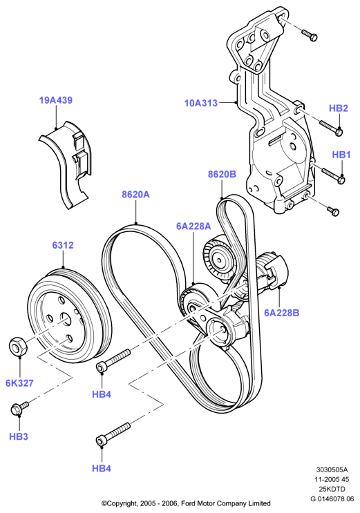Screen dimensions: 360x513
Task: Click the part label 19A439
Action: click(x=56, y=100)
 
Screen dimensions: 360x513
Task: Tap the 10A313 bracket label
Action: click(x=201, y=103)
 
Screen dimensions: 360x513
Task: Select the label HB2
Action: click(x=339, y=108)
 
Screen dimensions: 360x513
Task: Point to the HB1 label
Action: click(x=341, y=155)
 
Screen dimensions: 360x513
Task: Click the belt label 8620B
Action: click(x=222, y=175)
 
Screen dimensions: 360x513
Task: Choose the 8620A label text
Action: click(x=135, y=195)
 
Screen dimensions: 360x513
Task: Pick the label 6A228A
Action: click(x=193, y=226)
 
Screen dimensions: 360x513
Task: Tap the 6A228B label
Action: click(x=282, y=313)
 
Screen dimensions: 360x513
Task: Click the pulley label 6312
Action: click(x=63, y=245)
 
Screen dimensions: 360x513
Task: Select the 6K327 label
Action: click(x=19, y=383)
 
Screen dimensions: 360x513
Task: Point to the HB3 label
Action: click(x=19, y=436)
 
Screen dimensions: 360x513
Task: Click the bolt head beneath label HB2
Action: click(x=339, y=131)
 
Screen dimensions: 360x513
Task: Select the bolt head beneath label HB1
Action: click(x=341, y=180)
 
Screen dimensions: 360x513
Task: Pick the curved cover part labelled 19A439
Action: click(x=65, y=164)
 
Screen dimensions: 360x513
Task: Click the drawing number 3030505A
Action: click(x=332, y=470)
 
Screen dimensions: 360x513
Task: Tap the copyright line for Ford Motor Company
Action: click(x=186, y=503)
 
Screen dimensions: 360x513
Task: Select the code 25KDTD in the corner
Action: click(x=332, y=489)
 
